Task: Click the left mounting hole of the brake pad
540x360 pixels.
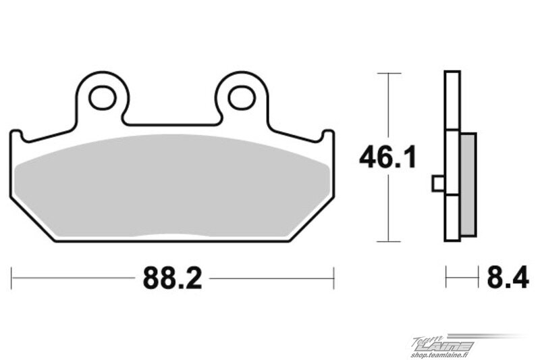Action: pos(103,98)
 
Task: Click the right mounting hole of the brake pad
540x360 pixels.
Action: pos(242,98)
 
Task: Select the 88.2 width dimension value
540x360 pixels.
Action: pos(172,278)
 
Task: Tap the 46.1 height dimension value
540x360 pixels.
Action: pos(387,157)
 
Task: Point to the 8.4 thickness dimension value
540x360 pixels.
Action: pos(508,278)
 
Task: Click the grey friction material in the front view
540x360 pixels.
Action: pos(172,186)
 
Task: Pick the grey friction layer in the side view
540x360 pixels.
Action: pos(468,184)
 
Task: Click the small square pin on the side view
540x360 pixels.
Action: pos(438,184)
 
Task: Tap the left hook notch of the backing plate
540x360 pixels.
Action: pos(16,135)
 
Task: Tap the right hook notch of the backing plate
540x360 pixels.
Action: pos(328,135)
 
